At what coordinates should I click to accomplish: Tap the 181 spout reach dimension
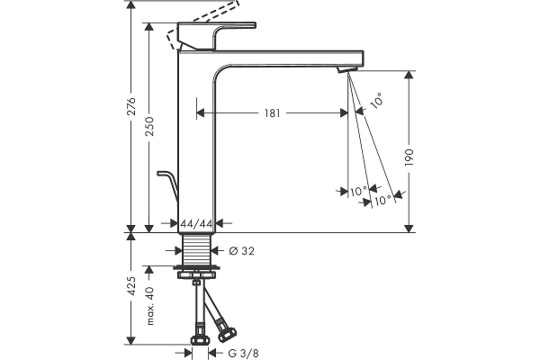(x=273, y=113)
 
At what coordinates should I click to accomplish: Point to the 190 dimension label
(x=409, y=157)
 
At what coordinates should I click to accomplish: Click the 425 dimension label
(x=131, y=287)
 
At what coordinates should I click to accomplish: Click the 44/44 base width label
(x=196, y=222)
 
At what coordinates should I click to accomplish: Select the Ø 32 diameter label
(x=239, y=251)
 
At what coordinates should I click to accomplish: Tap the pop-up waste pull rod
(x=168, y=184)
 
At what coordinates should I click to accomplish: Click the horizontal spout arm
(x=288, y=57)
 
